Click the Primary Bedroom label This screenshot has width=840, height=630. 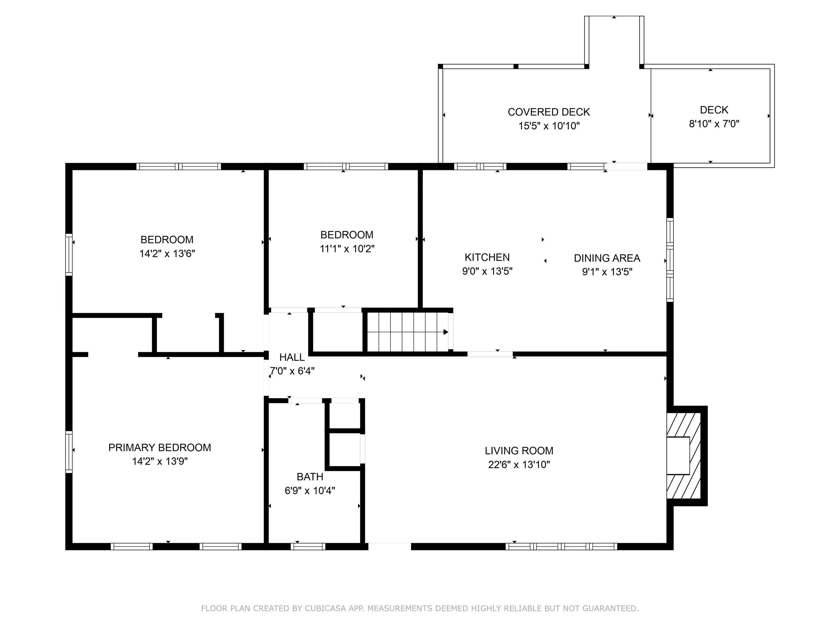pos(159,447)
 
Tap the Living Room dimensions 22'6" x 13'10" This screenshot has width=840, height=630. pos(519,464)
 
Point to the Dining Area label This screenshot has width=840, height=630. pos(607,258)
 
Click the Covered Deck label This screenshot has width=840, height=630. pos(549,112)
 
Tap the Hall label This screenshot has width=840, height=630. pos(292,357)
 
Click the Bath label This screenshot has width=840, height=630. pos(310,477)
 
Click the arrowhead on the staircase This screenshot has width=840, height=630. pos(446,332)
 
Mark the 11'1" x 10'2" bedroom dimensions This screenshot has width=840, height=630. pos(347,249)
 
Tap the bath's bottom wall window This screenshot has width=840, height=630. pos(308,546)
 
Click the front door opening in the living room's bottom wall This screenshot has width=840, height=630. pos(390,546)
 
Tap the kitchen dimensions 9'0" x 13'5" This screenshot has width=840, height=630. pos(487,271)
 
